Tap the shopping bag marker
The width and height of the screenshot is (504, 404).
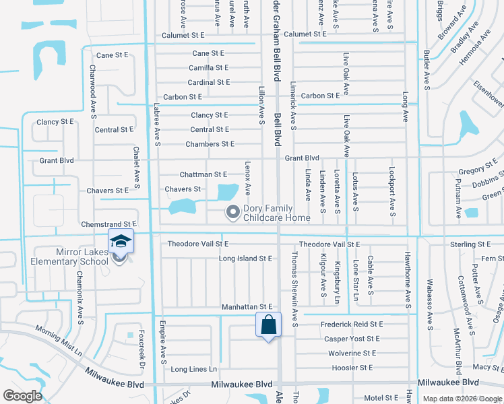(x=268, y=325)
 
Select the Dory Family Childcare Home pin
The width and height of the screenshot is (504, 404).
(x=233, y=212)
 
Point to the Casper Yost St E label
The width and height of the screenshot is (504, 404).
(x=352, y=339)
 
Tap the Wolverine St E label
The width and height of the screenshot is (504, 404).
(x=352, y=353)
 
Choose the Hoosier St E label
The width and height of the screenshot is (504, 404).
(x=352, y=368)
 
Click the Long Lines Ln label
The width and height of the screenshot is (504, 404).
(x=194, y=369)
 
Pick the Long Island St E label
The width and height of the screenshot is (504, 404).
(x=245, y=258)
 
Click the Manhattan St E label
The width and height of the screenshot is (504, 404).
(x=247, y=307)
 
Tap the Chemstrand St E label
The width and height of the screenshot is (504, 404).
(x=108, y=223)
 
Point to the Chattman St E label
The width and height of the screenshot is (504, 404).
(x=203, y=174)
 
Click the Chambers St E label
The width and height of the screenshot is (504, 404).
(x=210, y=144)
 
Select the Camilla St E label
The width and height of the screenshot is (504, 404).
(x=208, y=68)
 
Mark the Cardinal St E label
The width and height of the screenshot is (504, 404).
(x=208, y=82)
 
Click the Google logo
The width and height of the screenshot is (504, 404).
(x=22, y=395)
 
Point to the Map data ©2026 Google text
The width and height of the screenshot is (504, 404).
(x=462, y=399)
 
